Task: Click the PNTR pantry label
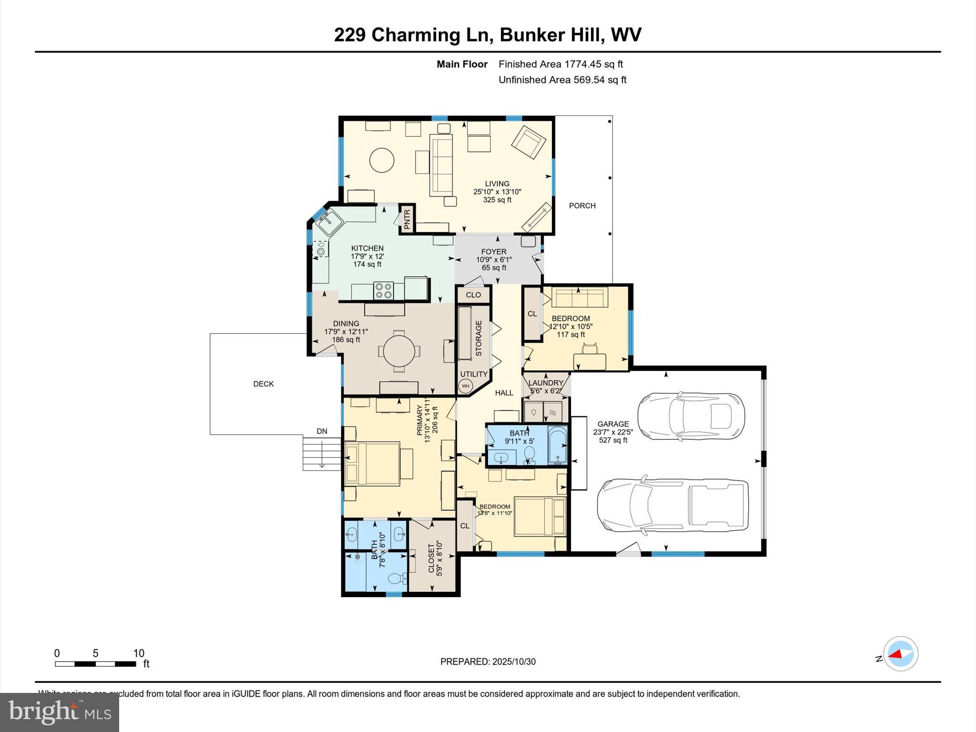[407, 219]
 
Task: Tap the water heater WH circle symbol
[465, 386]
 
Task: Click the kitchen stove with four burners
[384, 291]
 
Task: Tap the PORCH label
[582, 206]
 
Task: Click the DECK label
[264, 384]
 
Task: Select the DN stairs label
[322, 431]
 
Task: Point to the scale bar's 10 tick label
[139, 653]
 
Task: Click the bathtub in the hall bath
[557, 445]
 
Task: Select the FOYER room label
[494, 252]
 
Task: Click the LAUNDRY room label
[546, 383]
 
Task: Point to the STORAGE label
[478, 338]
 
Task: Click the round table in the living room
[382, 160]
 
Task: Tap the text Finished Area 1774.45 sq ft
[560, 64]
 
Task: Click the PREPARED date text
[488, 661]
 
